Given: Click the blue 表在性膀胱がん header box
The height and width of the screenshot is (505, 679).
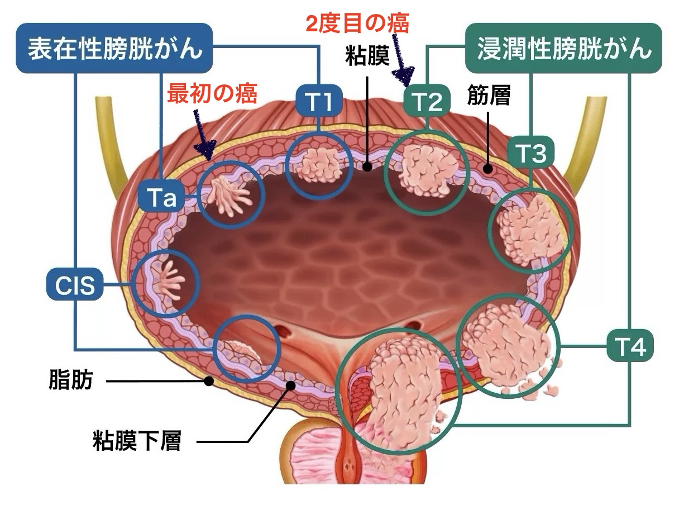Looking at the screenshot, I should [x=114, y=48].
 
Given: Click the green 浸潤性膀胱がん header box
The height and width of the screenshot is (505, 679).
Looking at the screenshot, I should [x=563, y=48].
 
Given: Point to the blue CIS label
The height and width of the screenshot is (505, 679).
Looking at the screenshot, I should [x=75, y=286].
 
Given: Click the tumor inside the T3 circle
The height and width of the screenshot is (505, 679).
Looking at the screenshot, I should [x=528, y=229].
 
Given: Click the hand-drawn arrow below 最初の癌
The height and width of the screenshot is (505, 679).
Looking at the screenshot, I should [x=204, y=134].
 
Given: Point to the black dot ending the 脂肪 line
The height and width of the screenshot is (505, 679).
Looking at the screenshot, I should [x=209, y=382].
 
